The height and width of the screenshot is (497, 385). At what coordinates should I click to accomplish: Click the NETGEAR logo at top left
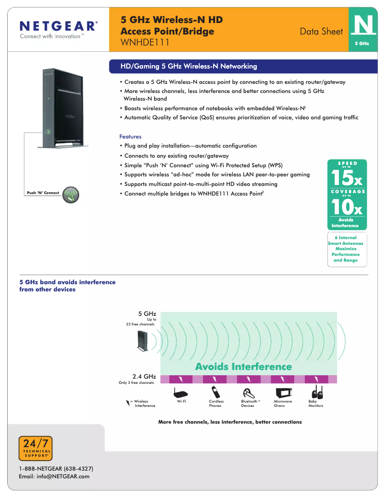58,29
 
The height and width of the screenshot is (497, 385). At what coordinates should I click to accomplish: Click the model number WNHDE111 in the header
145,42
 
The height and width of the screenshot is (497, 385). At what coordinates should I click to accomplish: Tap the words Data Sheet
321,32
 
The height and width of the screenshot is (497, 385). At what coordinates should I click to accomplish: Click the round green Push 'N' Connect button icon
71,194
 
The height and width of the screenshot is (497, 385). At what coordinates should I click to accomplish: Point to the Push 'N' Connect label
43,193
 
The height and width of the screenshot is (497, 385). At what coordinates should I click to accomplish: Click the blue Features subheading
130,137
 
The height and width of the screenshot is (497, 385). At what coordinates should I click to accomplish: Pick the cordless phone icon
215,391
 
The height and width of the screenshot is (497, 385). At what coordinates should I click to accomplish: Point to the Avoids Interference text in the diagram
243,367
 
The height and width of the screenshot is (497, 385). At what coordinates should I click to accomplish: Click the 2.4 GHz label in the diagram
144,376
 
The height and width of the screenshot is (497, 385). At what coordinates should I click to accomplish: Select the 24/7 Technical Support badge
36,448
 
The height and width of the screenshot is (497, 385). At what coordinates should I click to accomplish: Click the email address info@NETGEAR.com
54,476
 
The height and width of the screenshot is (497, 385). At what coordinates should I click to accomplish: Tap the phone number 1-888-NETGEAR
56,468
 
